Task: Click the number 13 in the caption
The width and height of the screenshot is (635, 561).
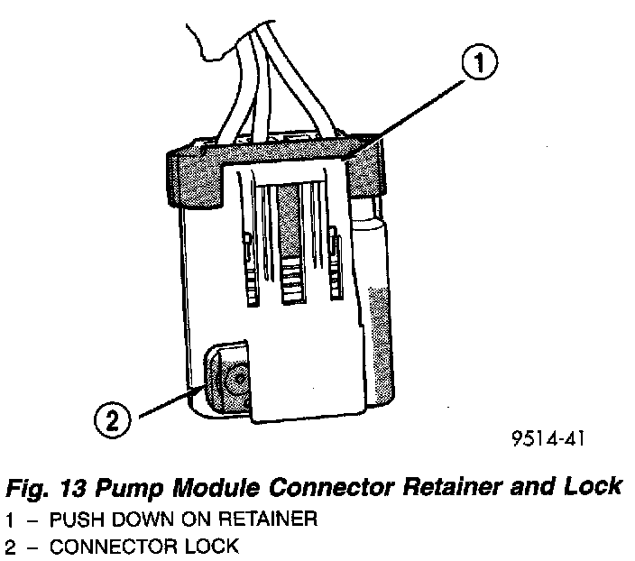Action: (x=73, y=488)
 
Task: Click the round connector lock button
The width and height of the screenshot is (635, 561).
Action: (x=236, y=380)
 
